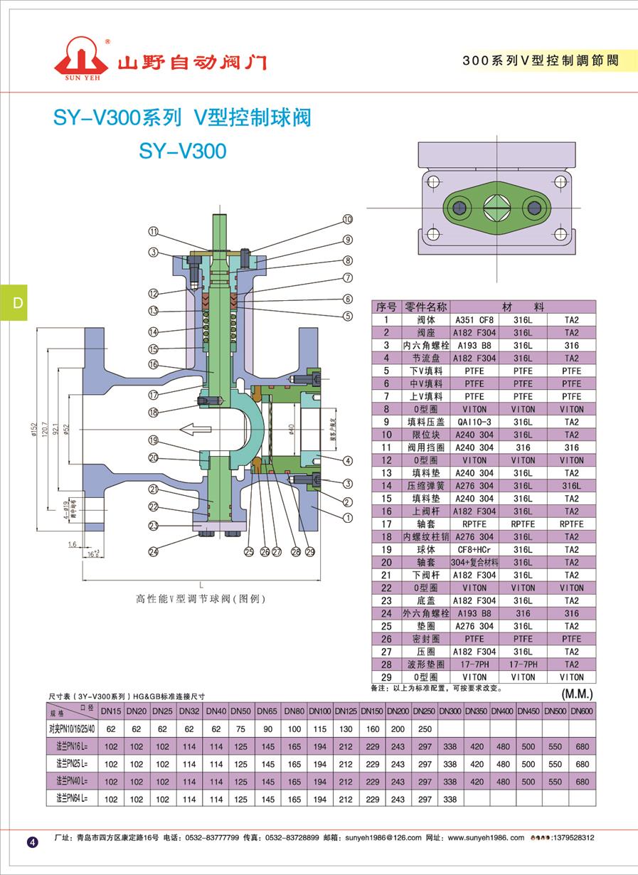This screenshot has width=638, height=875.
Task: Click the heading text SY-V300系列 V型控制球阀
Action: click(182, 118)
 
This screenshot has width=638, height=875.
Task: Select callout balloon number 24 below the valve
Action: click(153, 549)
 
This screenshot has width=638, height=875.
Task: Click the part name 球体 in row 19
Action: click(425, 549)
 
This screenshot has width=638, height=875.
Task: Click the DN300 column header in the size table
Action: click(450, 711)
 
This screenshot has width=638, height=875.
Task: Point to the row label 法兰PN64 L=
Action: click(72, 799)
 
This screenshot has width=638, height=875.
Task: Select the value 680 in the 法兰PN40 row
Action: click(582, 782)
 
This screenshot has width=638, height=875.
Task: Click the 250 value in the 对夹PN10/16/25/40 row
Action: click(425, 729)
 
